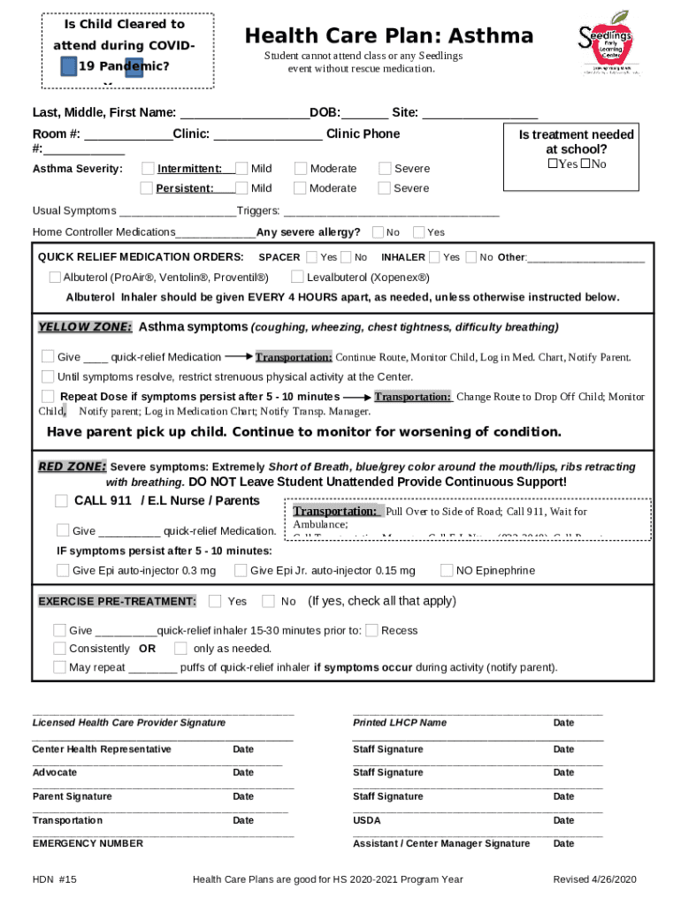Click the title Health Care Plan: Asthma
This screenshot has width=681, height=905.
pos(389,36)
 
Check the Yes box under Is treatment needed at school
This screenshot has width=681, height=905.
pos(553,164)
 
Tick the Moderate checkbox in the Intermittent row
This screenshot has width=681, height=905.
pos(301,169)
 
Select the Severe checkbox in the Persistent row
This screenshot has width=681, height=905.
pos(384,188)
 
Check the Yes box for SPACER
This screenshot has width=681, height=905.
pos(311,257)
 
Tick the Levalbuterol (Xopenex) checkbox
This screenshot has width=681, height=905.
pos(298,278)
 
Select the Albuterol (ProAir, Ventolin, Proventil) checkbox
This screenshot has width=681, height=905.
pos(55,278)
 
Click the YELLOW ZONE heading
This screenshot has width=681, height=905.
pos(85,327)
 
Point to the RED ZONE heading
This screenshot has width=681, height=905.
pos(72,467)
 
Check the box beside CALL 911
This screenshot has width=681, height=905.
pos(61,501)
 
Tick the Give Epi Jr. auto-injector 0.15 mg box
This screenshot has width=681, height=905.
pos(240,570)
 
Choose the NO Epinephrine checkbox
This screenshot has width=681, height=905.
pos(447,570)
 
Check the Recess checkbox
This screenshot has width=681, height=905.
pos(371,630)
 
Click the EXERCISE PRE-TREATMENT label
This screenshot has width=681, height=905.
pos(117,602)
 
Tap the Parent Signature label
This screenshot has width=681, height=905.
pos(73,796)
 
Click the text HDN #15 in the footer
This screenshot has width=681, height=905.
pos(55,879)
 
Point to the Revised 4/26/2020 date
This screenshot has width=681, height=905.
pos(594,879)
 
